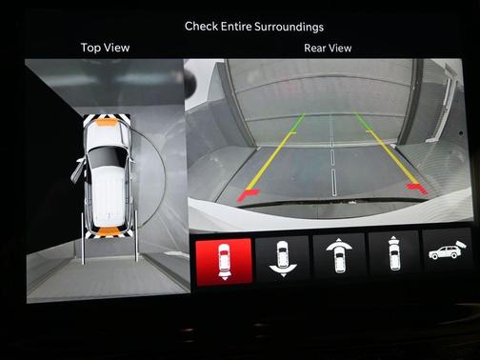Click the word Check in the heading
pyautogui.click(x=201, y=26)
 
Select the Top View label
pyautogui.click(x=105, y=48)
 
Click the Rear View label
pyautogui.click(x=328, y=48)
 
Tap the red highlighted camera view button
pyautogui.click(x=224, y=261)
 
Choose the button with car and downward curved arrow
pyautogui.click(x=282, y=259)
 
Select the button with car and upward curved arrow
pyautogui.click(x=339, y=255)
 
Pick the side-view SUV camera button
pyautogui.click(x=447, y=250)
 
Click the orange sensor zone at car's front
pyautogui.click(x=107, y=122)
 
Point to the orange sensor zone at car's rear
pyautogui.click(x=109, y=231)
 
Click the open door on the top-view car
pyautogui.click(x=78, y=170)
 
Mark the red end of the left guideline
pyautogui.click(x=247, y=193)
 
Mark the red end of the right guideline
pyautogui.click(x=417, y=188)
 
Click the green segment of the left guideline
pyautogui.click(x=297, y=123)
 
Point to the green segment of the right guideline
pyautogui.click(x=364, y=122)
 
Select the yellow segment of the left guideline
pyautogui.click(x=270, y=161)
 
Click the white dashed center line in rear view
pyautogui.click(x=332, y=155)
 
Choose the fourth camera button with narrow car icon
pyautogui.click(x=394, y=253)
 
